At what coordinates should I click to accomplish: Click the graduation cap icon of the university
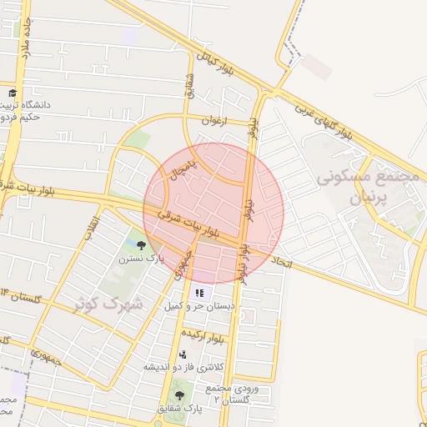(x=13, y=93)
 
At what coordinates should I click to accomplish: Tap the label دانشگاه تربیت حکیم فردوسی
(x=28, y=111)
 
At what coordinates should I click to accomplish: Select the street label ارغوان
(x=213, y=120)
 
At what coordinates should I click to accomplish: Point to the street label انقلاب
(x=92, y=227)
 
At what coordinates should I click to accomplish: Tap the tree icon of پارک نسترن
(x=140, y=245)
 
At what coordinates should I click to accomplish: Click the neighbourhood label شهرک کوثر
(x=108, y=304)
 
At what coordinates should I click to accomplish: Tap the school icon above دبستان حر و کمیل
(x=198, y=293)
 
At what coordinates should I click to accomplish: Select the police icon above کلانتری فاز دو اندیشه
(x=183, y=354)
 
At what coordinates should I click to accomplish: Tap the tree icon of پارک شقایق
(x=179, y=395)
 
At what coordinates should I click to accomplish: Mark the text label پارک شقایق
(x=179, y=409)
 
